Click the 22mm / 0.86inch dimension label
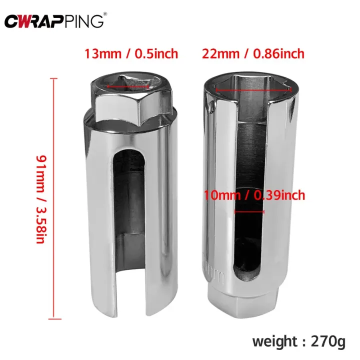coord(253,53)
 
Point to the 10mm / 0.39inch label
coord(254,195)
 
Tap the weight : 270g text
coord(298,342)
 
